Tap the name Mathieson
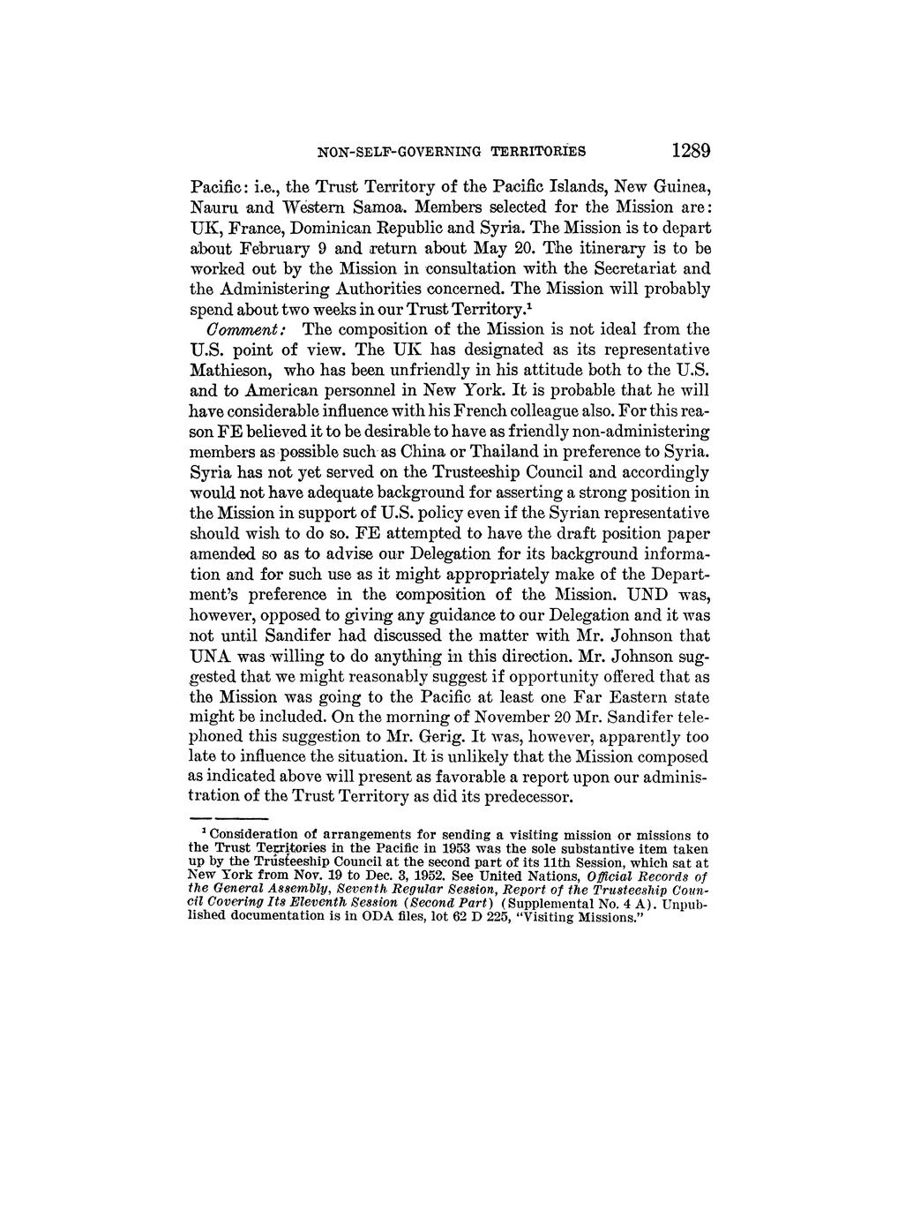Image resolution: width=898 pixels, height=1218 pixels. coord(229,369)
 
